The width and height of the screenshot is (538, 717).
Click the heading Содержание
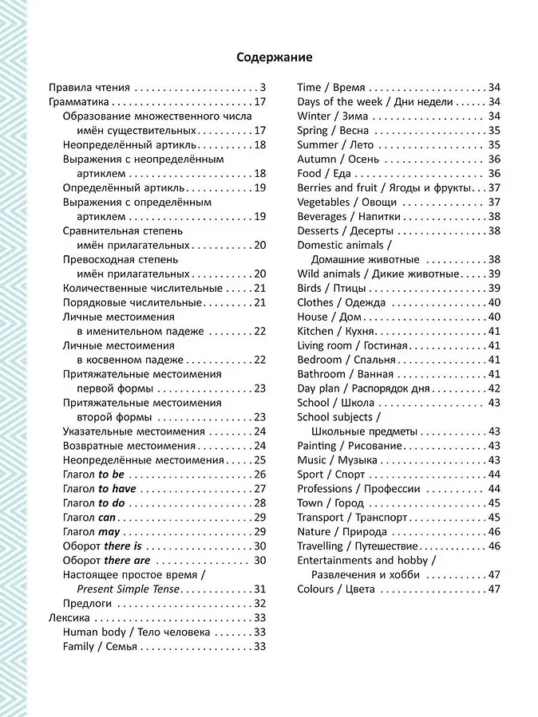pyautogui.click(x=275, y=57)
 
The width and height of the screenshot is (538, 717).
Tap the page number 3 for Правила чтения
pyautogui.click(x=262, y=88)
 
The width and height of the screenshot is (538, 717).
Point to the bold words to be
pyautogui.click(x=111, y=475)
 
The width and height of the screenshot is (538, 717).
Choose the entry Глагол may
pyautogui.click(x=91, y=532)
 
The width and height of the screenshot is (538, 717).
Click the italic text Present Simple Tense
pyautogui.click(x=129, y=589)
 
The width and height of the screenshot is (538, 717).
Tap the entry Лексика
pyautogui.click(x=69, y=618)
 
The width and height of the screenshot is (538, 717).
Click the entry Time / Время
pyautogui.click(x=331, y=88)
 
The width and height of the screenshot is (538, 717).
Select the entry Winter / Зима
pyautogui.click(x=333, y=116)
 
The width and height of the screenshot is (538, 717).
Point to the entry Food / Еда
pyautogui.click(x=324, y=173)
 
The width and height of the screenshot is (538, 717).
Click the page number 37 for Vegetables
pyautogui.click(x=493, y=202)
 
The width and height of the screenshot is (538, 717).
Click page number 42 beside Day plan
pyautogui.click(x=493, y=388)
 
